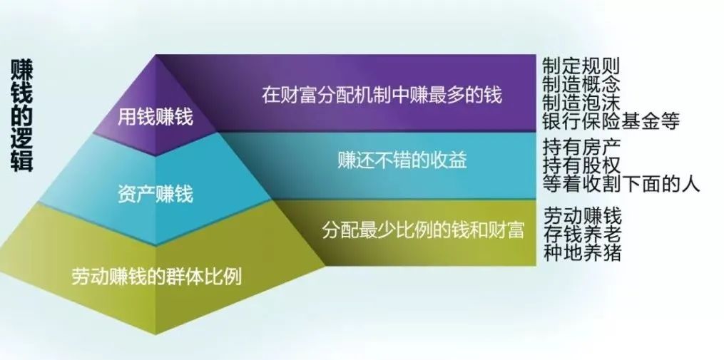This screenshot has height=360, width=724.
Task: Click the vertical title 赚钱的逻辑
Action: pos(21,115)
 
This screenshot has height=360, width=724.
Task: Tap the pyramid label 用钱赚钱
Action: pos(155,117)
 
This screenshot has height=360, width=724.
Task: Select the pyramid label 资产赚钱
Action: pos(155,195)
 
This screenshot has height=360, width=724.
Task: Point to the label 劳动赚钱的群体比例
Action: pos(156,277)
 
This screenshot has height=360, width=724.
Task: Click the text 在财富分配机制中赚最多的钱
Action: pos(382,95)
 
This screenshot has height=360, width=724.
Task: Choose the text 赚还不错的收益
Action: pos(402,160)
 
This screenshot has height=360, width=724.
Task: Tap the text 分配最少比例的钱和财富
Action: pos(423,230)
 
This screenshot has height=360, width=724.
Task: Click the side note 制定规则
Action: pos(581,66)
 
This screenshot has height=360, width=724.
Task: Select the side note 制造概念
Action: pos(581,84)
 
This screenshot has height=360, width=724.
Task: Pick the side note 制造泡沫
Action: pos(581,103)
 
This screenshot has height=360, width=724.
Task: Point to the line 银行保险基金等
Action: pos(611,121)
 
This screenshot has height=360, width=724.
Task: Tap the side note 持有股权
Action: pos(581,165)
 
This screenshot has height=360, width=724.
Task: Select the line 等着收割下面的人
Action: pos(621,184)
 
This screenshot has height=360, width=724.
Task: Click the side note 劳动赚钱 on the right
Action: pos(582,215)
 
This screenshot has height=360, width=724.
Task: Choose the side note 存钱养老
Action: pos(582,234)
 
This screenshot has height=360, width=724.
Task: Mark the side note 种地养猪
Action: pos(582,252)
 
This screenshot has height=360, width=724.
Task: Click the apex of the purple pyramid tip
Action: pos(155,55)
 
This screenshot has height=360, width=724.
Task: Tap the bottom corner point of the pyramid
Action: pos(155,334)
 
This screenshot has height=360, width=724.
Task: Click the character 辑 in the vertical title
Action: pos(21,161)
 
